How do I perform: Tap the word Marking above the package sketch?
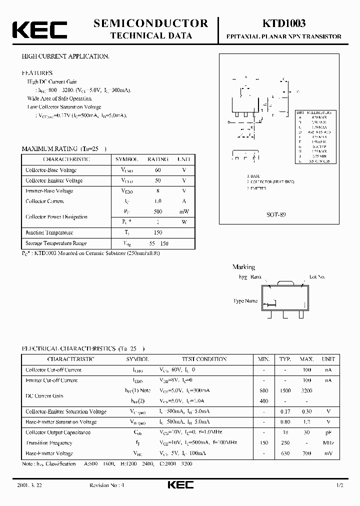point(243,267)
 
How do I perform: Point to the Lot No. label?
point(317,276)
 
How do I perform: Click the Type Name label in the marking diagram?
point(245,301)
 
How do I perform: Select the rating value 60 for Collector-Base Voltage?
point(158,170)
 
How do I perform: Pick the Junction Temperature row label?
point(49,232)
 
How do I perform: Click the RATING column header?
point(157,159)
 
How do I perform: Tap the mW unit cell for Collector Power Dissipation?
point(184,211)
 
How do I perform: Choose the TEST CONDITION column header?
point(203,359)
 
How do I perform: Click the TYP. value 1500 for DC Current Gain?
point(285,390)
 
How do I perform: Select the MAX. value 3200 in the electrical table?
point(306,390)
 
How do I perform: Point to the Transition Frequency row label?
point(49,443)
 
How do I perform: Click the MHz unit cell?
point(328,443)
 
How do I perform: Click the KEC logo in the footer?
point(179,485)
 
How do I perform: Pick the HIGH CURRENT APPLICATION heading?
point(65,56)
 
